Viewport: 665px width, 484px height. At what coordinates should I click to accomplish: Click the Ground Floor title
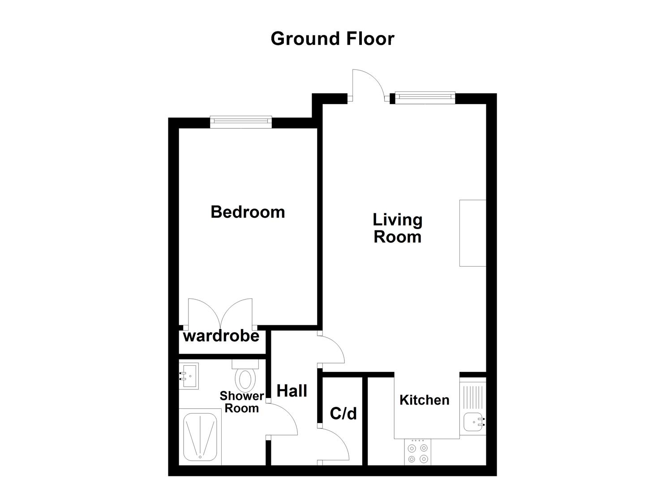click(332, 39)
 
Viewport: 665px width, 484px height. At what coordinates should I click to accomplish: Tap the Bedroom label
click(248, 212)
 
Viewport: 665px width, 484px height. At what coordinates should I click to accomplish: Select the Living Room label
click(397, 228)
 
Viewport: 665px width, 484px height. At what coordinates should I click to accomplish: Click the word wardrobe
click(221, 336)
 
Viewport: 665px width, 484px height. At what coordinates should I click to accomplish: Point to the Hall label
click(292, 391)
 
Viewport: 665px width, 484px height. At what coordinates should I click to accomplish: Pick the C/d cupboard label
click(343, 413)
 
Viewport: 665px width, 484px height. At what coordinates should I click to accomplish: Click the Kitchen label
click(424, 400)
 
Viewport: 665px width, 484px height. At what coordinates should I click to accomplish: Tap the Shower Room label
click(241, 402)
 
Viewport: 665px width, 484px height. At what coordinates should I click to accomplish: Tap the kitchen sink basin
click(473, 422)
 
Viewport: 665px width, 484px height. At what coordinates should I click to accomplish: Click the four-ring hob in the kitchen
click(418, 452)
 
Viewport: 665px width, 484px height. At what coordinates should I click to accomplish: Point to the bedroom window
click(241, 121)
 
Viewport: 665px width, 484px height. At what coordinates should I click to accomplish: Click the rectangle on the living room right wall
click(472, 233)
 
